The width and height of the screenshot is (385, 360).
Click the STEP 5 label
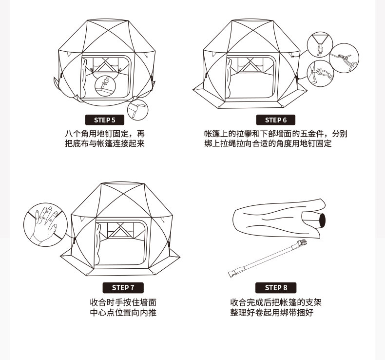coord(104,120)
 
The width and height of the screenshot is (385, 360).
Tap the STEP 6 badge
coord(276,120)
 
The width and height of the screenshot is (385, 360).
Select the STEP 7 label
coord(123,287)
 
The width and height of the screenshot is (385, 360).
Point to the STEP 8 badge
coord(276,287)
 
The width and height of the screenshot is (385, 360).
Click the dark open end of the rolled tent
coord(322,220)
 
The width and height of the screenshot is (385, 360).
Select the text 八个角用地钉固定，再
coord(105,134)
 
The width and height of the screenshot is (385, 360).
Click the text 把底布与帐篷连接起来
coord(105,144)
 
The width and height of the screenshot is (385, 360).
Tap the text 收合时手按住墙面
coord(123,302)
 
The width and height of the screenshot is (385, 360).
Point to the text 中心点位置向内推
coord(123,313)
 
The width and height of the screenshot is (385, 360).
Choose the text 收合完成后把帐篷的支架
coord(276,302)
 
